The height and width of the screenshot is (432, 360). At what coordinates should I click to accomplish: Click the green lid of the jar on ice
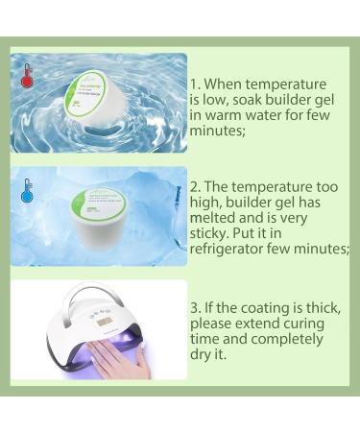pyautogui.click(x=99, y=203)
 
